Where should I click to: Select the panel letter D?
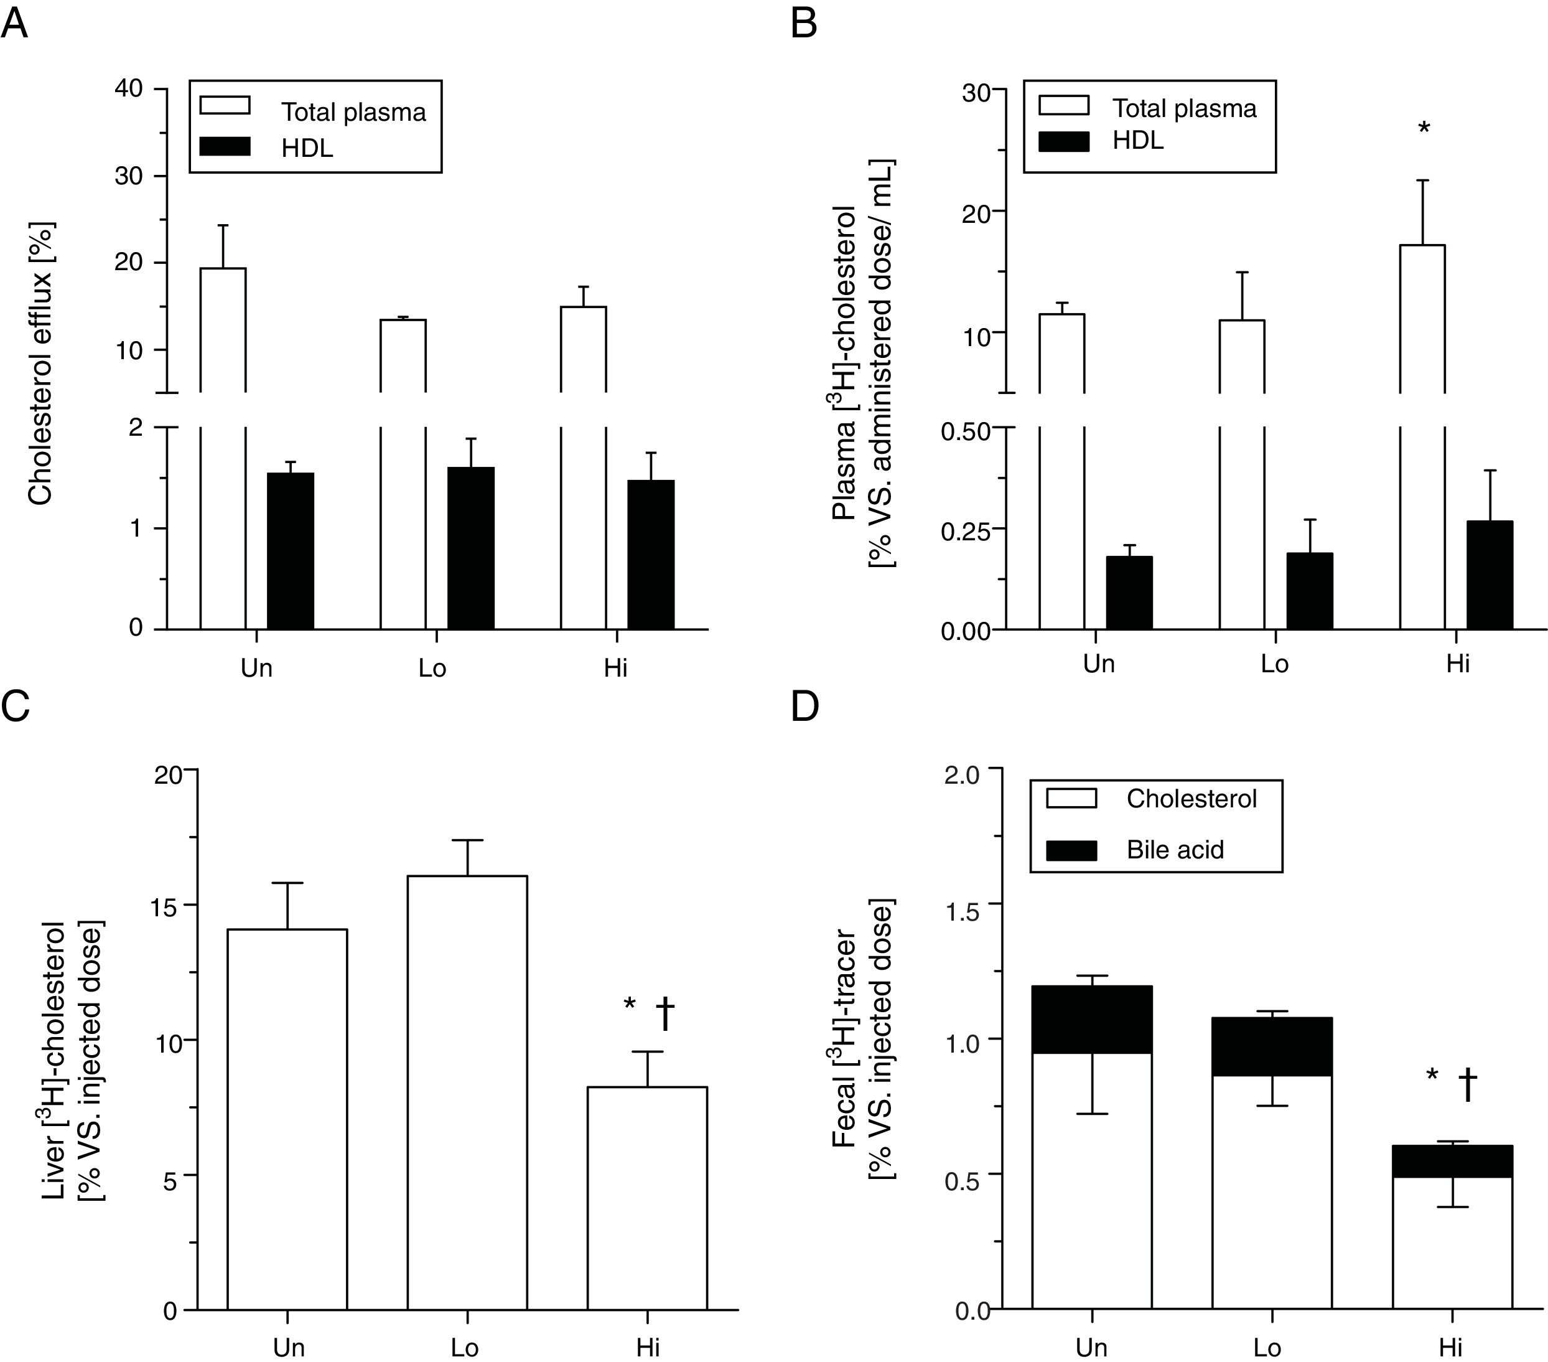(x=804, y=706)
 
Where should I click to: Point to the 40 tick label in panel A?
(x=129, y=88)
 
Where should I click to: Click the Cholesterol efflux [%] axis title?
(x=40, y=364)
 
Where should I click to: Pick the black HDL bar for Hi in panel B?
(x=1490, y=575)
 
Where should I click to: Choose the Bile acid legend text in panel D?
(x=1175, y=849)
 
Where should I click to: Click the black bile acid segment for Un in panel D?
(x=1091, y=1020)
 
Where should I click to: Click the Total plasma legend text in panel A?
(x=353, y=112)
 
